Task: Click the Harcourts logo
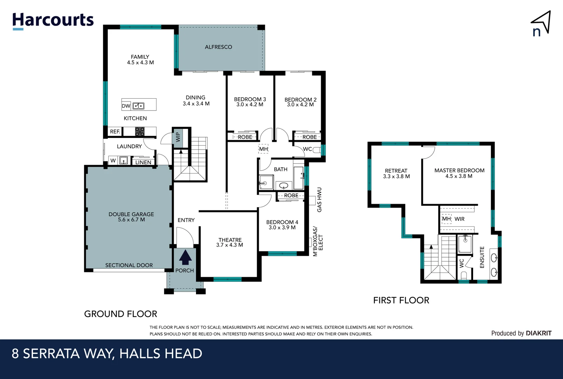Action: (53, 21)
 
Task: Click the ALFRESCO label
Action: (218, 47)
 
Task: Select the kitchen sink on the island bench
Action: (138, 106)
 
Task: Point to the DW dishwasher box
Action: (126, 106)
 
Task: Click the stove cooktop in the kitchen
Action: (140, 132)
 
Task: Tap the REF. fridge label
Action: (115, 132)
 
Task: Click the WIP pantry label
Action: (178, 137)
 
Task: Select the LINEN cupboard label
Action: (143, 162)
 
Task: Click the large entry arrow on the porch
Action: (185, 257)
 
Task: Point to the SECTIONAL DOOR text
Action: (129, 265)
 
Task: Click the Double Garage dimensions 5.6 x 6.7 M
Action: (131, 220)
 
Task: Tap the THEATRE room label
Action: (230, 240)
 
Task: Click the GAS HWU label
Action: (319, 200)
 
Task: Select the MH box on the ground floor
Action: (263, 149)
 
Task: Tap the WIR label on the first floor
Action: (459, 219)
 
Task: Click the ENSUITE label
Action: (482, 257)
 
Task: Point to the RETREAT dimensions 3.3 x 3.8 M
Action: (397, 177)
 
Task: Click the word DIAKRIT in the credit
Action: (539, 333)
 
